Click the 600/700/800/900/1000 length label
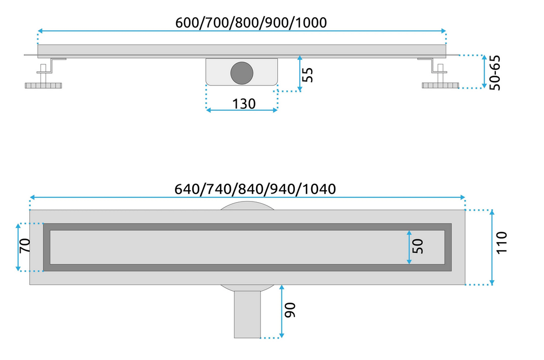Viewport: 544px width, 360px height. click(x=251, y=22)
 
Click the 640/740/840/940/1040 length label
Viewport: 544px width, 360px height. click(x=256, y=189)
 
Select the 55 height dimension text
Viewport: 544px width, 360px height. click(x=308, y=74)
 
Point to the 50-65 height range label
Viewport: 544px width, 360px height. click(x=495, y=72)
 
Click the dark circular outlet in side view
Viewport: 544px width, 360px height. click(x=241, y=73)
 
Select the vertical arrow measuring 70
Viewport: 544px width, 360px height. click(x=18, y=246)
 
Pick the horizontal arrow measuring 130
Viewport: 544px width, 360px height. click(x=241, y=110)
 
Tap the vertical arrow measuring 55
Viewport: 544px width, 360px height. click(x=299, y=73)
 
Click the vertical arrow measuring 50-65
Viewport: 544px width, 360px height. click(x=485, y=71)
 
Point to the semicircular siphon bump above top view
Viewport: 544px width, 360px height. click(x=247, y=205)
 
